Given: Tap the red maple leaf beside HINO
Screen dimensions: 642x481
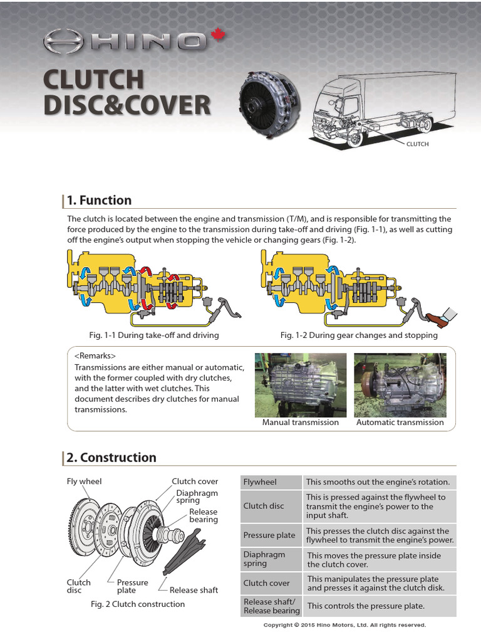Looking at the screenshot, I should (218, 36).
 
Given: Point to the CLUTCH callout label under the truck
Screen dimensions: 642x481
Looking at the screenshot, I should (418, 144).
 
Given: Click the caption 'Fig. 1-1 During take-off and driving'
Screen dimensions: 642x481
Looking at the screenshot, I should (154, 335).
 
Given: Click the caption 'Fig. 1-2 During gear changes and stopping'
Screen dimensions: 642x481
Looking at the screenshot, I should (359, 335).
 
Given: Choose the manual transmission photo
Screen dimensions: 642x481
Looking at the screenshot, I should (301, 384).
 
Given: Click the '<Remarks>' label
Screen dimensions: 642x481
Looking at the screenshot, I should (95, 356).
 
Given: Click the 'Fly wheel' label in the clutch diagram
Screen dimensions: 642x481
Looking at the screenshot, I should (84, 481).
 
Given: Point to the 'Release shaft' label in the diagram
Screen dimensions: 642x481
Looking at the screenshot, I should (194, 590).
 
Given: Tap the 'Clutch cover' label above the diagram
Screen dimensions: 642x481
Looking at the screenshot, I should (195, 481).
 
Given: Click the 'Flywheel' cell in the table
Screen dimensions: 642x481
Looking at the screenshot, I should (260, 482).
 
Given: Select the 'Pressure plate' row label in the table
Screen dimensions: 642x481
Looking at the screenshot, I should (269, 535).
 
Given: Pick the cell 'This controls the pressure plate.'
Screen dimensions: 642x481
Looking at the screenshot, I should (366, 606).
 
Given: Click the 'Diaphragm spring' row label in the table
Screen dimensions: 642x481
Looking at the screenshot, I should (264, 559).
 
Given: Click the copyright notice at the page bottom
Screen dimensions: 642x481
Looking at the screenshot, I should (344, 625).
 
